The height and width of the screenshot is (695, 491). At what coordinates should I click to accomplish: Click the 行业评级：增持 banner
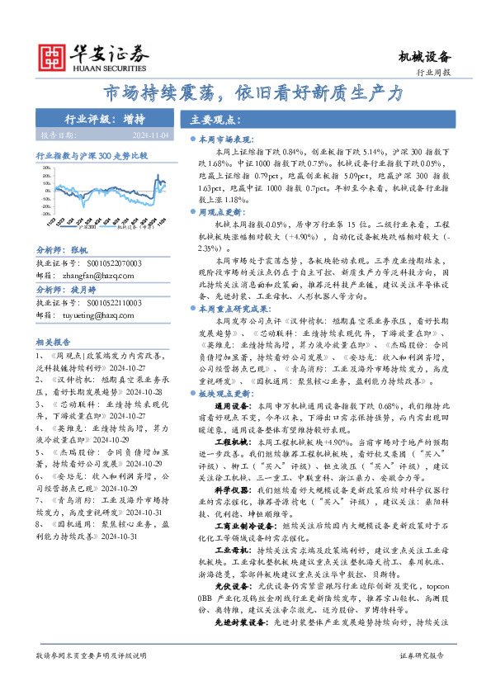tap(103, 119)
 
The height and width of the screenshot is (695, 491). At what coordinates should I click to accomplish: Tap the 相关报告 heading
tap(54, 341)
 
